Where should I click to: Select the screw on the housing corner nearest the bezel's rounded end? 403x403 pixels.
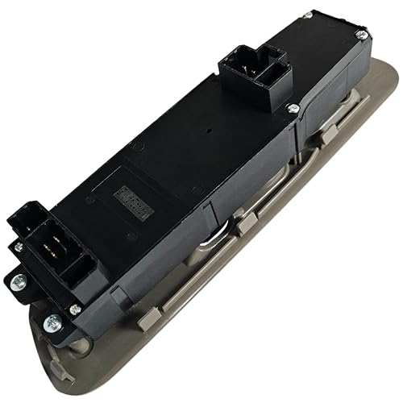pyautogui.click(x=362, y=35)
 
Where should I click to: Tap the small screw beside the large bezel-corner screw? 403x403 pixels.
pyautogui.click(x=75, y=310)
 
